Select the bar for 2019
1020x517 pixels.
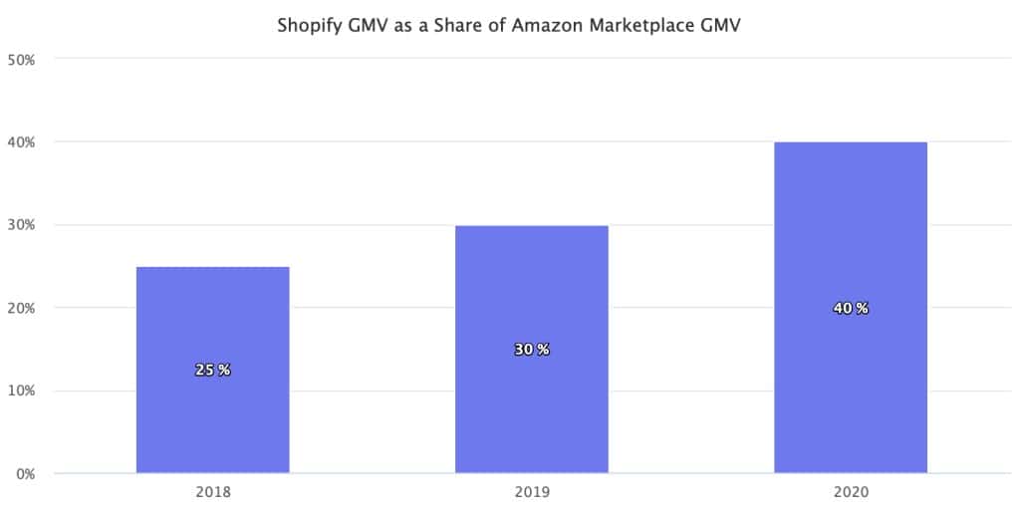point(531,299)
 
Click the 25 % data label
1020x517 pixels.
point(212,370)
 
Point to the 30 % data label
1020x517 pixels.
point(531,350)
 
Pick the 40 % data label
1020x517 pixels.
point(850,308)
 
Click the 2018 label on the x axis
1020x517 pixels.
point(212,492)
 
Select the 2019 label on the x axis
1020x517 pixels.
point(531,492)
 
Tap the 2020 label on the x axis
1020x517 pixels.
point(850,492)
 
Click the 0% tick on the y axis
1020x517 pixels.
point(24,473)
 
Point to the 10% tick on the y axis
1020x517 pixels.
point(21,390)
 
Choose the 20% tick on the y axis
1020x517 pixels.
point(21,308)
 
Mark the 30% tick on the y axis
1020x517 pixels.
point(21,225)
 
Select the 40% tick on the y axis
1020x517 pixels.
point(21,142)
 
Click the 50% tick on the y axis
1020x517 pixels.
point(21,60)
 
